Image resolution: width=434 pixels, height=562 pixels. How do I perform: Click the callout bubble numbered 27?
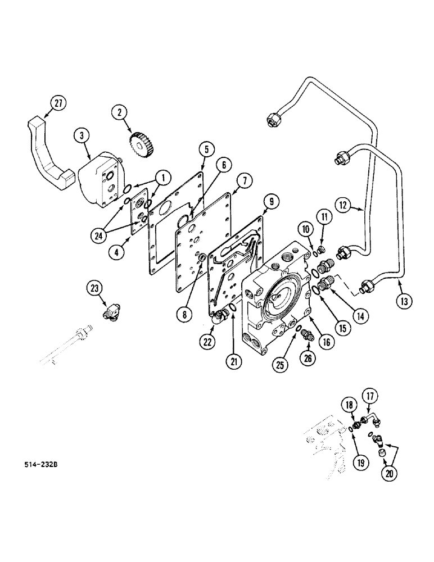58,103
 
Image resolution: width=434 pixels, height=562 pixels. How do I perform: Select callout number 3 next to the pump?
82,135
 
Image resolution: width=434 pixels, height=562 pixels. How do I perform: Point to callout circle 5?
206,149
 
